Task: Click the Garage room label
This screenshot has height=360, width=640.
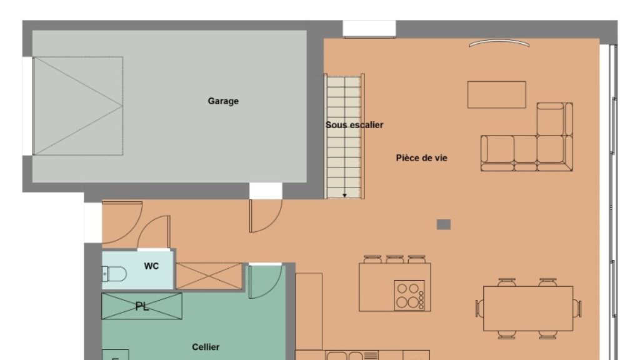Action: tap(223, 101)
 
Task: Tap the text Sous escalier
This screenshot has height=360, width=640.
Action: tap(354, 125)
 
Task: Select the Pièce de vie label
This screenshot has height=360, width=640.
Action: tap(422, 157)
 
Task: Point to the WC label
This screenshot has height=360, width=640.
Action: tap(151, 266)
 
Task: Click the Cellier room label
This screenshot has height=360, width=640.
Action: tap(206, 347)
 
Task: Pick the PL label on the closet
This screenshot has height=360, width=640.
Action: tap(142, 306)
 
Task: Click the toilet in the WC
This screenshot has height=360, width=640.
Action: tap(114, 274)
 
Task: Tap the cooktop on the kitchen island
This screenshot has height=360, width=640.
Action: tap(409, 295)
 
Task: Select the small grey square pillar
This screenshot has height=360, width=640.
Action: tap(444, 224)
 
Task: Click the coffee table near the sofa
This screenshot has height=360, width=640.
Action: tap(496, 95)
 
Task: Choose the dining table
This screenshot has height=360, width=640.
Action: tap(528, 308)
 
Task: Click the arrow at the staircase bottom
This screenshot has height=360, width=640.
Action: tap(344, 196)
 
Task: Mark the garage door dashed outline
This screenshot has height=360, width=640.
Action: tap(78, 106)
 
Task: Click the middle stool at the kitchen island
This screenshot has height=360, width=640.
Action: tap(395, 259)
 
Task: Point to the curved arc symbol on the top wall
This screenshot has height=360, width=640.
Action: tap(499, 42)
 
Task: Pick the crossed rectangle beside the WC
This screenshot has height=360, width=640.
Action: tap(209, 276)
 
